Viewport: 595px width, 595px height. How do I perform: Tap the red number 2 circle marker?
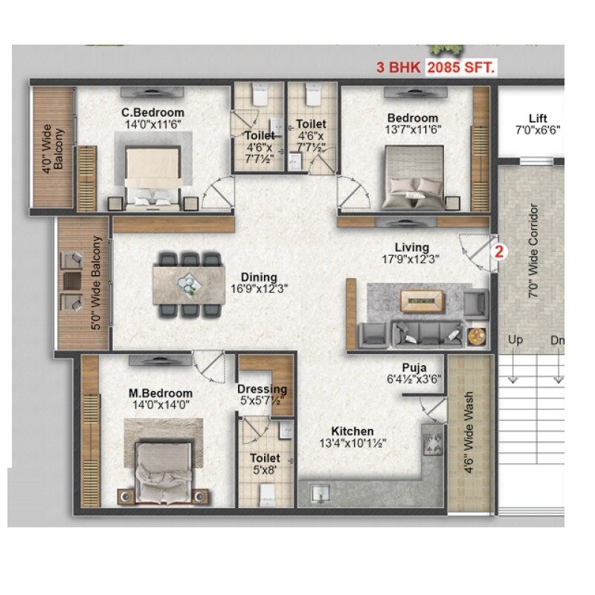(x=500, y=251)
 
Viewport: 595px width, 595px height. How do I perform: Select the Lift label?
(x=538, y=118)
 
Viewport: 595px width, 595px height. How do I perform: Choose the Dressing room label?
(x=262, y=389)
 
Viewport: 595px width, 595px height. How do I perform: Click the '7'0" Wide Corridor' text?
(x=533, y=251)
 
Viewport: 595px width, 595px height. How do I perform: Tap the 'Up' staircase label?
(x=515, y=341)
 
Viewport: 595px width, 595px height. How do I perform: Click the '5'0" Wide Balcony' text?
(x=96, y=283)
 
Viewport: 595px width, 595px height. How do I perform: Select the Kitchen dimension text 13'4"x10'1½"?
(x=353, y=443)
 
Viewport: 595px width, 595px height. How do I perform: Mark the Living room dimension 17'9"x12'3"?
(x=412, y=260)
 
